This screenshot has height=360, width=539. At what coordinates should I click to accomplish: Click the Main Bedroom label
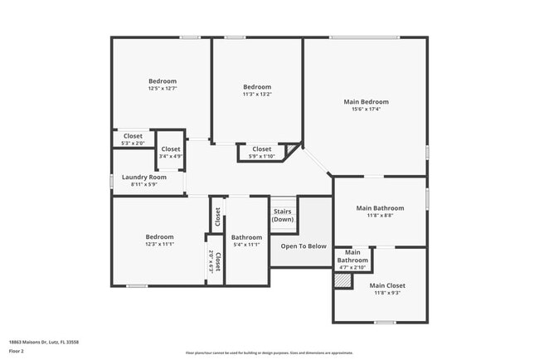(x=366, y=102)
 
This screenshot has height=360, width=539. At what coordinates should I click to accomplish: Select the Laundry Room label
(x=144, y=177)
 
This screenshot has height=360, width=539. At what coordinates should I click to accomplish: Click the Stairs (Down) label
(x=283, y=215)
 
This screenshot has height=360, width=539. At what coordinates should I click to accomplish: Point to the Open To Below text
(x=303, y=246)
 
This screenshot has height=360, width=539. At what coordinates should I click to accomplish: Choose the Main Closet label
(x=387, y=285)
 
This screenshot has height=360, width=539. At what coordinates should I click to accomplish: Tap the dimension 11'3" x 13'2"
(x=257, y=94)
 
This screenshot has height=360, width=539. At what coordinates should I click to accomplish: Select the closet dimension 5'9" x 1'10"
(x=262, y=156)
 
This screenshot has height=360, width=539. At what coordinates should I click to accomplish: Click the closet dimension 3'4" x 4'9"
(x=171, y=156)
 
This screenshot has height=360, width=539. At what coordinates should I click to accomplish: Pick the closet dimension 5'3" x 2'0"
(x=133, y=143)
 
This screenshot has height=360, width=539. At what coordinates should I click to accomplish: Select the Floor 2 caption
(x=17, y=352)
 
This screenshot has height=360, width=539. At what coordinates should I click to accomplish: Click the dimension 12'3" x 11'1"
(x=160, y=244)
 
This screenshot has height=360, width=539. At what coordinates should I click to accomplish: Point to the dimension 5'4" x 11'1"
(x=246, y=245)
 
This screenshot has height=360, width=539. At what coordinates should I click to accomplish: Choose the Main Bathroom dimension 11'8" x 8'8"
(x=380, y=215)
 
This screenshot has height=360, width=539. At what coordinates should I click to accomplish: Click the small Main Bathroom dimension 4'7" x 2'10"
(x=352, y=267)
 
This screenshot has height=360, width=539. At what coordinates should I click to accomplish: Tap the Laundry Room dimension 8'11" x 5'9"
(x=144, y=184)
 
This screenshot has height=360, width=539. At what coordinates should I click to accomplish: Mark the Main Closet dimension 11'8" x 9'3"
(x=387, y=293)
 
